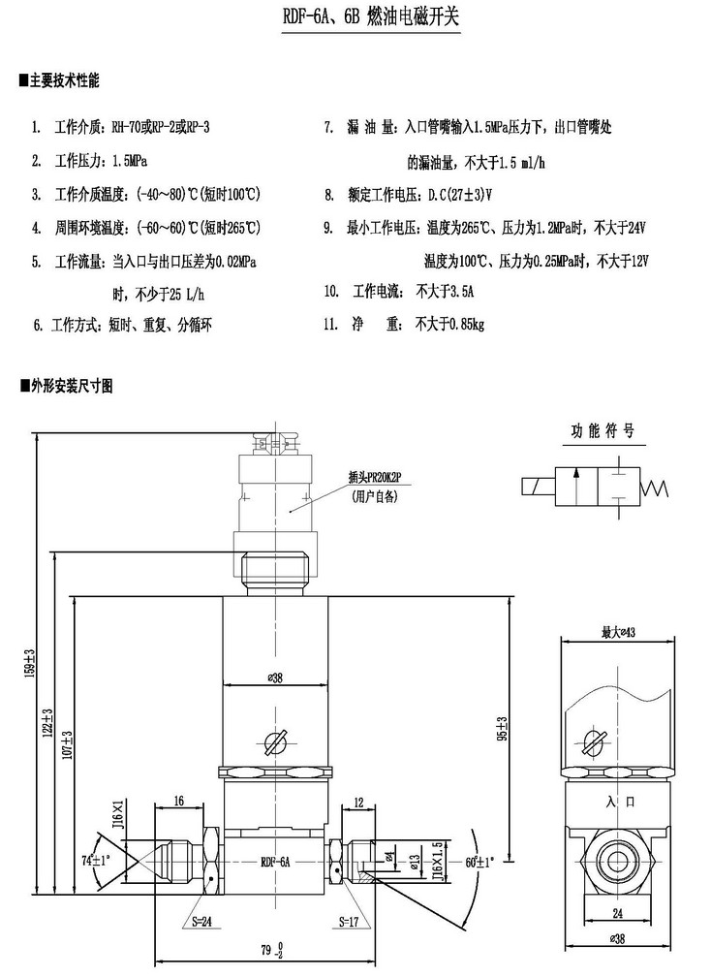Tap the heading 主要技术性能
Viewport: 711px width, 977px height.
point(65,79)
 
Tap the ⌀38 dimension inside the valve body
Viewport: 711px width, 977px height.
point(273,678)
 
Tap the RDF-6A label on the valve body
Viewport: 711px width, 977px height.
point(275,861)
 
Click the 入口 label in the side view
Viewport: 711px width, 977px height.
point(617,802)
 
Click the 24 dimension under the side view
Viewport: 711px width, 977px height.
point(617,913)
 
